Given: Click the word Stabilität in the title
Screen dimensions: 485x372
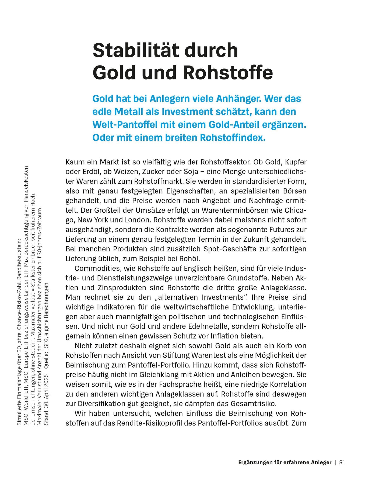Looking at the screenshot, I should click(136, 50).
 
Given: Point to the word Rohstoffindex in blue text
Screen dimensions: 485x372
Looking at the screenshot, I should click(233, 138).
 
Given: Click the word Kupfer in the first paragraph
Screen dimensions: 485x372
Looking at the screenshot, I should click(296, 162).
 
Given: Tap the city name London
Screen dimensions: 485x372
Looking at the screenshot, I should click(137, 220).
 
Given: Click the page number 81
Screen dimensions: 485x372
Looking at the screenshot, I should click(342, 462).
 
